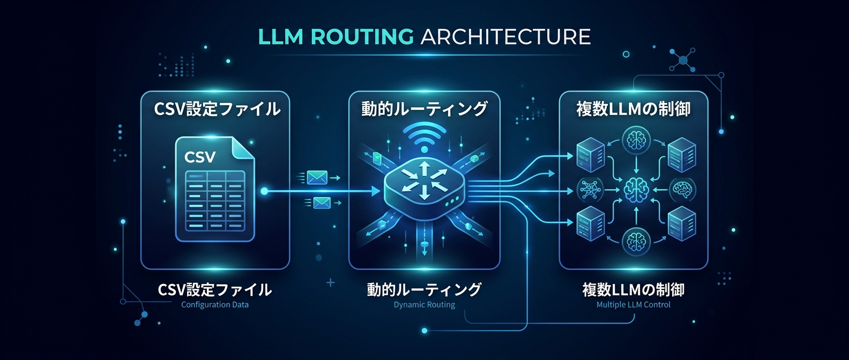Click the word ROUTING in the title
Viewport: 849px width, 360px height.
coord(362,37)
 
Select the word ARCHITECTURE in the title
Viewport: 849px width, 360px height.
coord(505,37)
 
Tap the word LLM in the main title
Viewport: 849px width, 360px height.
coord(280,37)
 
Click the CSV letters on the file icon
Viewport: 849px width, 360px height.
coord(200,157)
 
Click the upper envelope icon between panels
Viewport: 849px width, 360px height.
coord(317,177)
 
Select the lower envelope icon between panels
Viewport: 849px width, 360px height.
coord(322,202)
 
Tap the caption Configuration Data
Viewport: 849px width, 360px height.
coord(214,305)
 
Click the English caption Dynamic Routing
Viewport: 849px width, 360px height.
coord(424,305)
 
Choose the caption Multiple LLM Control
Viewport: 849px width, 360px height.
coord(633,305)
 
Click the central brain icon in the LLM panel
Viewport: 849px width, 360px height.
coord(636,190)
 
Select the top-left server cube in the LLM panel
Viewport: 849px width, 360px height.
coord(590,154)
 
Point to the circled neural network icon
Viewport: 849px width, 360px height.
coord(590,190)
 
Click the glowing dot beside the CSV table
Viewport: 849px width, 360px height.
coord(264,191)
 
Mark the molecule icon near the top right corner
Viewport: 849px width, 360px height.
coord(683,60)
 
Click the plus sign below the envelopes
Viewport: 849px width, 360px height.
coord(330,282)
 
